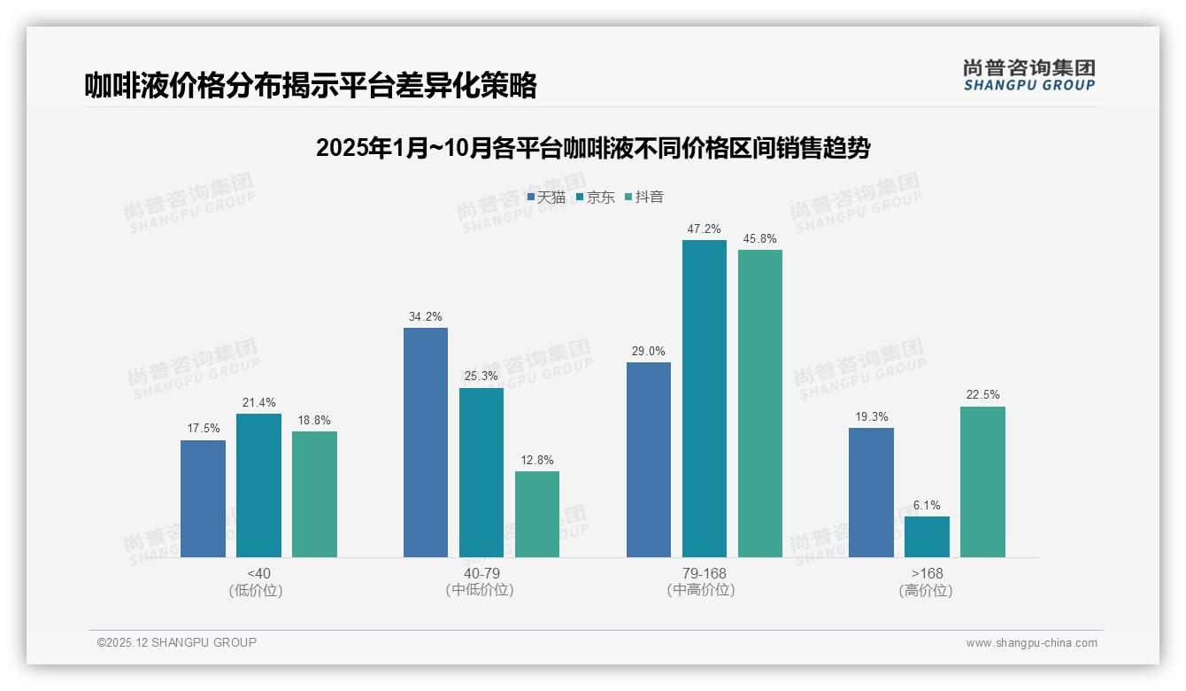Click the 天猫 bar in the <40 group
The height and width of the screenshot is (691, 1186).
click(x=203, y=499)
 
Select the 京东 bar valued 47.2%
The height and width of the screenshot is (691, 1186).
click(x=704, y=399)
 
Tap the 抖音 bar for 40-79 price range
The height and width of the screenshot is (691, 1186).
click(x=537, y=514)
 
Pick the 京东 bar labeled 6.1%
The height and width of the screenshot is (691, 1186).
click(x=927, y=537)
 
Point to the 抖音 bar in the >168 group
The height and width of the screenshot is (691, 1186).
click(x=982, y=482)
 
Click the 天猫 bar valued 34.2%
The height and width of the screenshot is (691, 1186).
click(x=426, y=442)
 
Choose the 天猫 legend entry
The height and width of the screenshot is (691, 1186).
click(x=546, y=198)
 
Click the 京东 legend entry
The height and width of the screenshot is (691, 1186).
click(x=596, y=198)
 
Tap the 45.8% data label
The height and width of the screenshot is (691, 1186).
click(x=760, y=238)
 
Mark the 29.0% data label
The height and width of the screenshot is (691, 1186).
click(x=648, y=351)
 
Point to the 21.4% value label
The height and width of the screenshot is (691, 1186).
click(x=258, y=402)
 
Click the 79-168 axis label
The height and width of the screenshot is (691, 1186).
click(x=704, y=574)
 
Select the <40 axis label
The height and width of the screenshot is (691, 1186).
click(x=258, y=574)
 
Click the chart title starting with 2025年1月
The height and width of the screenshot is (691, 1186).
click(x=593, y=148)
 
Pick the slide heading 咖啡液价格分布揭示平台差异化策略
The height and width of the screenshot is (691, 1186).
click(x=311, y=85)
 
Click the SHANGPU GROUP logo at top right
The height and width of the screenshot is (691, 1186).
click(x=1028, y=75)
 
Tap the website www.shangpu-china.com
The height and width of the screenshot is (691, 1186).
click(x=1031, y=643)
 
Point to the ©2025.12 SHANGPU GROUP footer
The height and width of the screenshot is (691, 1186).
click(x=177, y=642)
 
